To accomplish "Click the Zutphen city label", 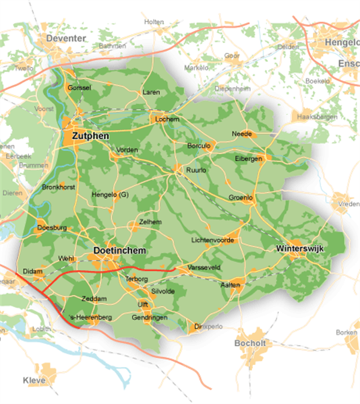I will pyautogui.click(x=90, y=135).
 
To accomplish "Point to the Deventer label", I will pyautogui.click(x=65, y=39).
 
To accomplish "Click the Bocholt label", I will pyautogui.click(x=249, y=343).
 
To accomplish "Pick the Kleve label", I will pyautogui.click(x=34, y=381).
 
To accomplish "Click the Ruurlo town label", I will pyautogui.click(x=196, y=170).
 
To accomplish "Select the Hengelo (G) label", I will pyautogui.click(x=110, y=195).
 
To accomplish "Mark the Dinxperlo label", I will pyautogui.click(x=206, y=327).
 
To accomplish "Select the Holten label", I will pyautogui.click(x=154, y=22).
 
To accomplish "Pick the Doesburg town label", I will pyautogui.click(x=51, y=228).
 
